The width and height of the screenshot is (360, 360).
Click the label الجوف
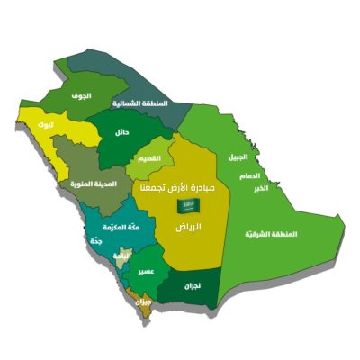pyautogui.click(x=83, y=94)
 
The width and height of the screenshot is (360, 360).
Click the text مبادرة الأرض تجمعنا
pyautogui.click(x=178, y=187)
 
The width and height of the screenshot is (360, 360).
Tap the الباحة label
pyautogui.click(x=118, y=256)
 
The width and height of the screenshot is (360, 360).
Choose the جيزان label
pyautogui.click(x=142, y=303)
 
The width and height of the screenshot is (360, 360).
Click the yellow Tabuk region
pyautogui.click(x=56, y=135)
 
